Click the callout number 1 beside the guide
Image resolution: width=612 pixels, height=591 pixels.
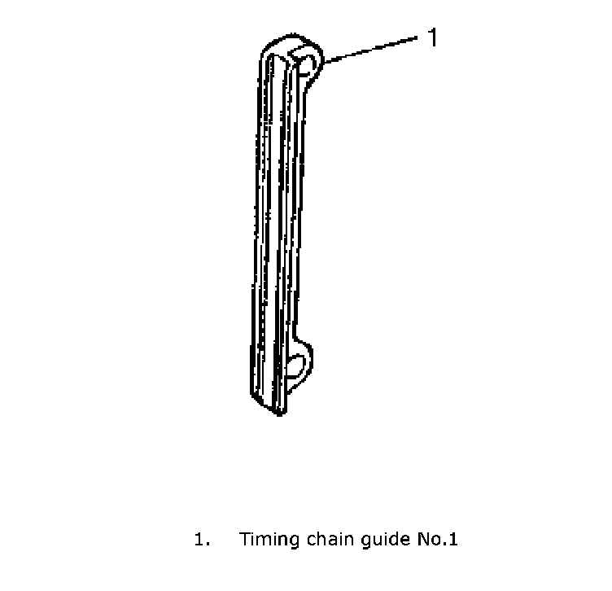tap(433, 37)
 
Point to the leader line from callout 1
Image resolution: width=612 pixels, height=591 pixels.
tap(370, 49)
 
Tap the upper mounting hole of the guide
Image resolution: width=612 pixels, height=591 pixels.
tap(307, 63)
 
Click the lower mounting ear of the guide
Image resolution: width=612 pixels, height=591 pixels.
tap(302, 360)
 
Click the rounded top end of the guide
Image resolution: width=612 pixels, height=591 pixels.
tap(285, 42)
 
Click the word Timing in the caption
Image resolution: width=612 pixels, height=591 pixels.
tap(266, 540)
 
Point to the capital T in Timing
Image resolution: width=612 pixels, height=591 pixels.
tap(244, 540)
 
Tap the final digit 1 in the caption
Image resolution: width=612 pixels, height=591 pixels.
tap(454, 540)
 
